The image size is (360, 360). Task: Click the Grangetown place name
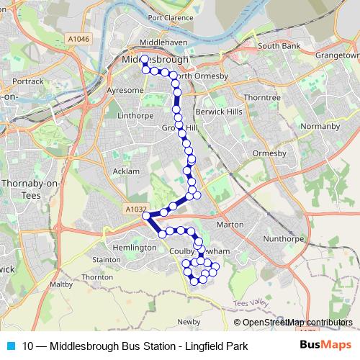pyautogui.click(x=333, y=54)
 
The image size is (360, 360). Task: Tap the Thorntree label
pyautogui.click(x=261, y=96)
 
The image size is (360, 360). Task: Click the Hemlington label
pyautogui.click(x=135, y=247)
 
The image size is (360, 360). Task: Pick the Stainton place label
pyautogui.click(x=107, y=259)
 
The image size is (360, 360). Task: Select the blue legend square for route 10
pyautogui.click(x=10, y=346)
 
